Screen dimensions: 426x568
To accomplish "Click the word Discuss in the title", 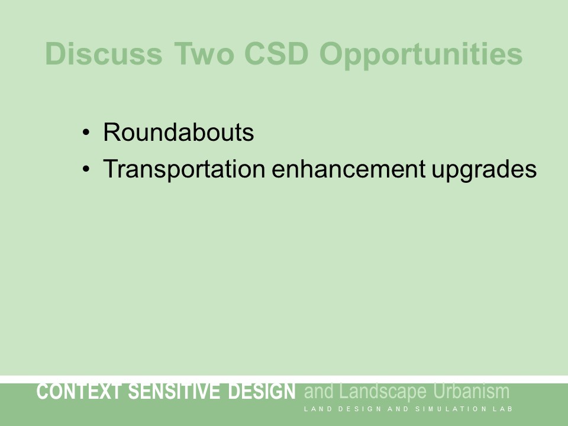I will tap(104, 54).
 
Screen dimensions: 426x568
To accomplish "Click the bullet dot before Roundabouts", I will tap(86, 133).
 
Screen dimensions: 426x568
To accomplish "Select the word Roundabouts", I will tap(178, 133).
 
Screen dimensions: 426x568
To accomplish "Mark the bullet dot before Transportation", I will tap(86, 170).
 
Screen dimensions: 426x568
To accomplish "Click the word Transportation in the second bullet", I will tap(183, 170).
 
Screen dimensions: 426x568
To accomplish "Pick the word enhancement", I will tap(347, 170).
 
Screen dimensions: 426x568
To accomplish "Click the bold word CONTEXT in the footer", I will tap(79, 392).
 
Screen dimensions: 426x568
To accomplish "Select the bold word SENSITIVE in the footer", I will tap(176, 392).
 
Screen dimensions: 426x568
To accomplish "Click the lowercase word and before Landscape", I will tap(319, 392).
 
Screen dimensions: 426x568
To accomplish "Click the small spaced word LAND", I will tap(317, 409).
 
